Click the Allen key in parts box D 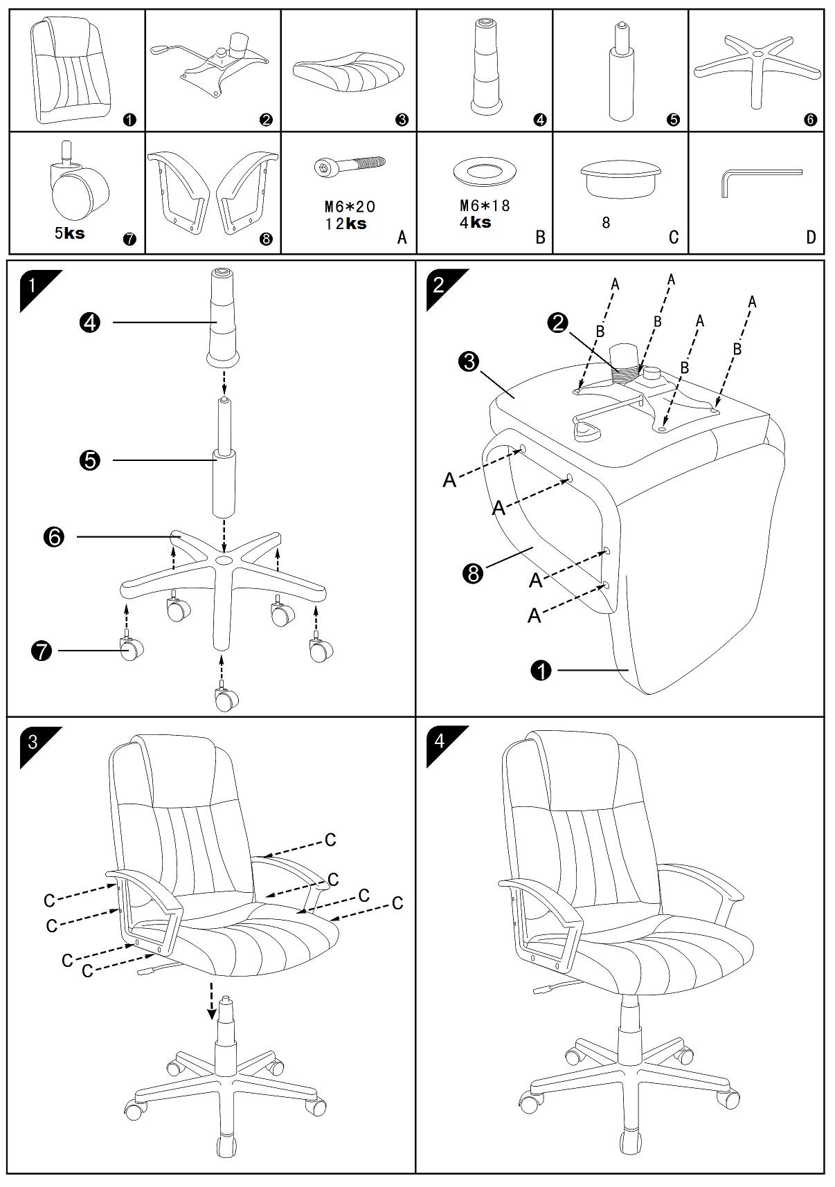760,181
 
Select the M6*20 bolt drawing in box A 348,167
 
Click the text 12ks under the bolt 345,224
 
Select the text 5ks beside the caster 69,233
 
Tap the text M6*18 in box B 485,206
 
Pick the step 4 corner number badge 439,741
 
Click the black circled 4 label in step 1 90,323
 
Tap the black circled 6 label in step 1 54,536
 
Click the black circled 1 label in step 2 541,670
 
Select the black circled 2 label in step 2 557,322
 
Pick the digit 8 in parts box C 606,224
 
